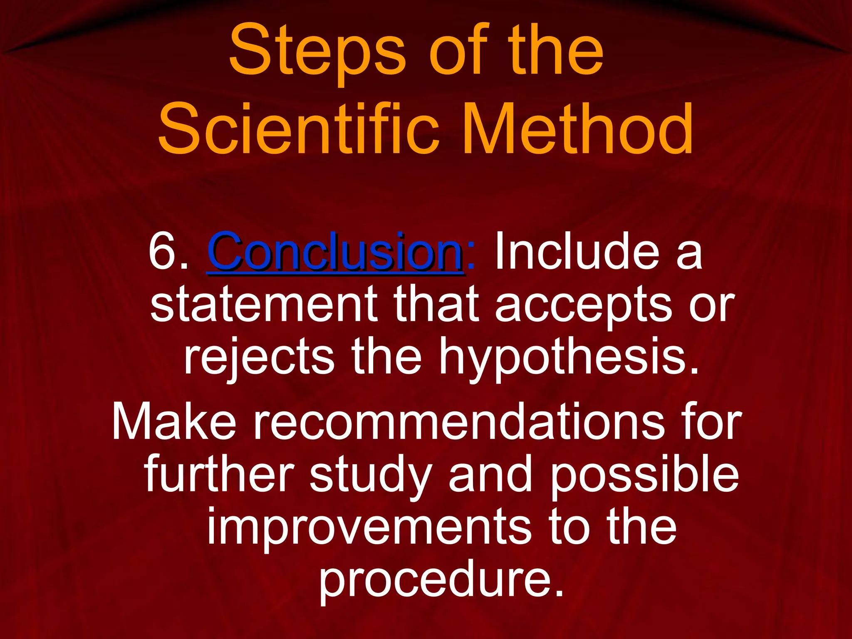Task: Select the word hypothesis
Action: pos(568,358)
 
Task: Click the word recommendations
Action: pos(459,422)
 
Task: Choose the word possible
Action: pos(644,474)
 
